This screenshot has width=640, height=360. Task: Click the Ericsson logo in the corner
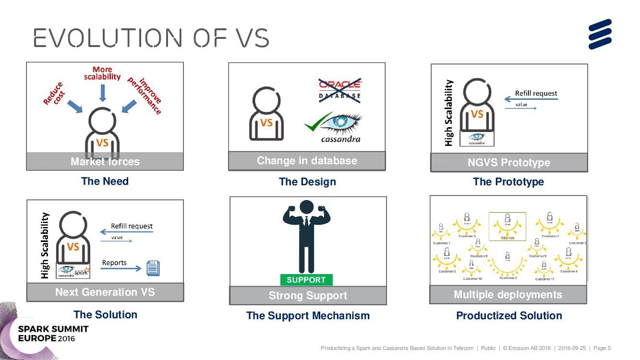pyautogui.click(x=600, y=34)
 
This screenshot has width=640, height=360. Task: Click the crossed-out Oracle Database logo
pyautogui.click(x=340, y=90)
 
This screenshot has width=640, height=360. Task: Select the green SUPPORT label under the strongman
pyautogui.click(x=306, y=280)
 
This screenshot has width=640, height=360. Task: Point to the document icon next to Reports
pyautogui.click(x=153, y=268)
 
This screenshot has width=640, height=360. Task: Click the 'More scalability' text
pyautogui.click(x=102, y=73)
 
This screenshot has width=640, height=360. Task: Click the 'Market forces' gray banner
pyautogui.click(x=105, y=161)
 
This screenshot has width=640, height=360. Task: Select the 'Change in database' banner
pyautogui.click(x=307, y=161)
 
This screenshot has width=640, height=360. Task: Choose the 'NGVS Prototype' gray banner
pyautogui.click(x=509, y=162)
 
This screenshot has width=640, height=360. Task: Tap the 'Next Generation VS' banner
pyautogui.click(x=105, y=292)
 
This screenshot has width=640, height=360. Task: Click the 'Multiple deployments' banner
pyautogui.click(x=508, y=294)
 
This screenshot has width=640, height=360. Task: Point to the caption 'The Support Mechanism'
pyautogui.click(x=308, y=315)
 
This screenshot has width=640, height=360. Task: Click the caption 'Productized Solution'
pyautogui.click(x=509, y=315)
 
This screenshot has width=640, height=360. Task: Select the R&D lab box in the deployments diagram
pyautogui.click(x=507, y=226)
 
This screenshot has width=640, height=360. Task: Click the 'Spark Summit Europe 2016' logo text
pyautogui.click(x=53, y=333)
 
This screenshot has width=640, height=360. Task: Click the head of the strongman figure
pyautogui.click(x=308, y=207)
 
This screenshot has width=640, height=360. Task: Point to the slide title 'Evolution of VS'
pyautogui.click(x=151, y=38)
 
